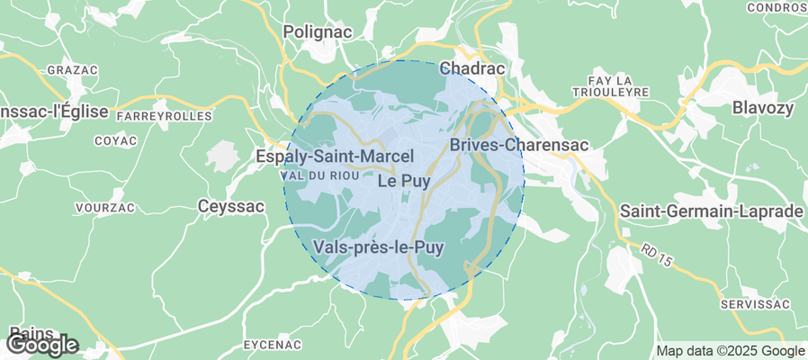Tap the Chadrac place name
[x=471, y=68]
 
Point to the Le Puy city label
[x=403, y=181]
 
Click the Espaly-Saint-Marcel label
[x=335, y=157]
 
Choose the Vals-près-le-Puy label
[x=379, y=247]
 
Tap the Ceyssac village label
[x=231, y=207]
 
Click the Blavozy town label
[x=764, y=108]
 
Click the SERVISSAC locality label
[x=754, y=306]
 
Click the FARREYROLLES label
[x=164, y=116]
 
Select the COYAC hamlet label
[x=116, y=141]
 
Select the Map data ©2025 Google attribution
[x=730, y=351]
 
